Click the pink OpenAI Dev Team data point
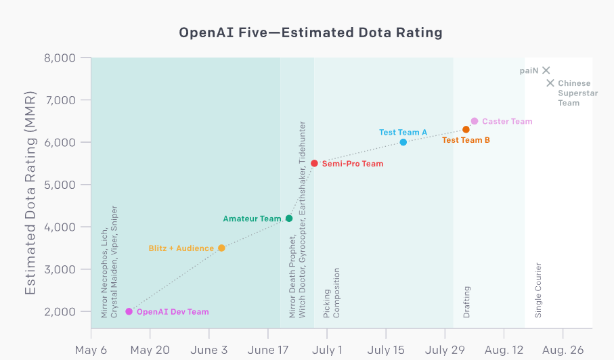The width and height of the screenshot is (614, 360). tap(129, 312)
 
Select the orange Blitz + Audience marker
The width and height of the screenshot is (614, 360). tap(221, 248)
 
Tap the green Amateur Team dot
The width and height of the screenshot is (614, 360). tap(289, 219)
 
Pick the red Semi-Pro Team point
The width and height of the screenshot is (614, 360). tap(314, 163)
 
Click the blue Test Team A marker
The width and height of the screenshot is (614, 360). tap(403, 142)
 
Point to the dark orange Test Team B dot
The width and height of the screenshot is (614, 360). tap(466, 129)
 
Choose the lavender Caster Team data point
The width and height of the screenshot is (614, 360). tap(475, 121)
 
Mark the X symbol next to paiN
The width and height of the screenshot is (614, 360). tap(546, 70)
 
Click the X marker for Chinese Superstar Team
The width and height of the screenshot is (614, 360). tap(550, 83)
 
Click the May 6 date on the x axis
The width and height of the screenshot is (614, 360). tap(91, 350)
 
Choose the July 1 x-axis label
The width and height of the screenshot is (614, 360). tap(327, 350)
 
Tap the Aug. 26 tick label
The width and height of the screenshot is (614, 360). tap(563, 350)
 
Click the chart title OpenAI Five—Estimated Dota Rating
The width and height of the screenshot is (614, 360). tap(311, 32)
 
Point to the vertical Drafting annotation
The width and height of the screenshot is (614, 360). tap(467, 302)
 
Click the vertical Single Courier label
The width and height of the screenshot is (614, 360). tap(539, 290)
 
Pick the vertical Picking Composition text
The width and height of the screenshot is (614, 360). tap(332, 293)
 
